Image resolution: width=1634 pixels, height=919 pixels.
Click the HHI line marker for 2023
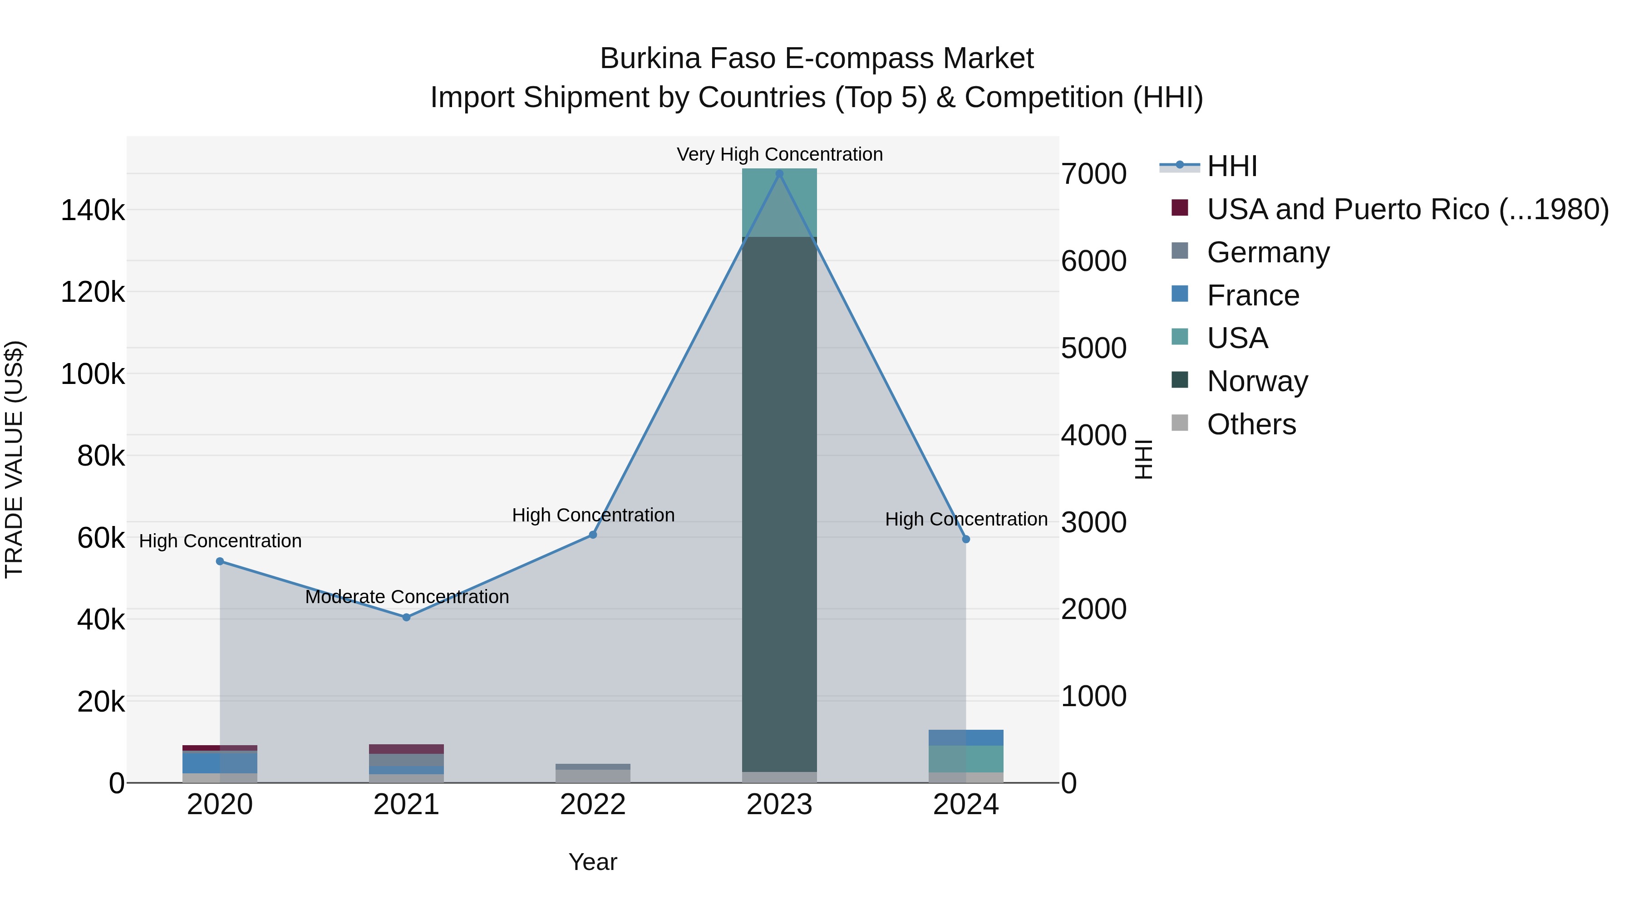pyautogui.click(x=780, y=174)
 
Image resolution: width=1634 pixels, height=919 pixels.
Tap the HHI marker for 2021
pyautogui.click(x=407, y=617)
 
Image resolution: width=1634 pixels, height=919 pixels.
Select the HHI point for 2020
pyautogui.click(x=220, y=561)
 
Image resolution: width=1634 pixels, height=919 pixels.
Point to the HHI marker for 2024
pyautogui.click(x=966, y=539)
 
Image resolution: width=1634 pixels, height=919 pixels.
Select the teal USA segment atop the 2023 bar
pyautogui.click(x=780, y=201)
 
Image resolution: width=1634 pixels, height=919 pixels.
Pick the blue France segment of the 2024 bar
pyautogui.click(x=966, y=737)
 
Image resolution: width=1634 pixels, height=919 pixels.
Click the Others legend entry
pyautogui.click(x=1251, y=424)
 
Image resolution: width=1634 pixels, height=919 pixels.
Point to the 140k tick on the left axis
pyautogui.click(x=93, y=211)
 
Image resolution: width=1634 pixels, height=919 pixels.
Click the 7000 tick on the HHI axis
pyautogui.click(x=1093, y=174)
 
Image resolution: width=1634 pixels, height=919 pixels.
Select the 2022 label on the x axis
pyautogui.click(x=593, y=805)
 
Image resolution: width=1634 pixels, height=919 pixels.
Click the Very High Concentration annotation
pyautogui.click(x=780, y=154)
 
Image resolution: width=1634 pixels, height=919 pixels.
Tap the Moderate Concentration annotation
pyautogui.click(x=407, y=597)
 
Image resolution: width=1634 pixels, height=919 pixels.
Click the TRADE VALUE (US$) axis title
pyautogui.click(x=14, y=459)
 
